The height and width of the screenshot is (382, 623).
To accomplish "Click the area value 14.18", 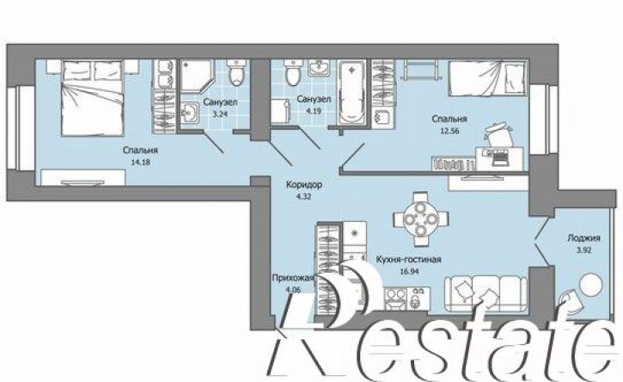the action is point(140,163).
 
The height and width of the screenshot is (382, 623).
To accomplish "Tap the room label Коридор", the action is point(304,185).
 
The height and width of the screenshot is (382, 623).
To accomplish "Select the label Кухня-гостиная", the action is point(408,260).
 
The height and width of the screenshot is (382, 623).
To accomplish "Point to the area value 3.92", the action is point(583,250).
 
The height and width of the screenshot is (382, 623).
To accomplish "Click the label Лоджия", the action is point(583,238).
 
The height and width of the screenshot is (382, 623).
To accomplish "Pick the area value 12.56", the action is point(449,130).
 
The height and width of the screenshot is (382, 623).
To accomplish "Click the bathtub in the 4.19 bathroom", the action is point(351,91).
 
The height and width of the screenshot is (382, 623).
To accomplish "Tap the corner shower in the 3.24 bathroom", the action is point(197,77).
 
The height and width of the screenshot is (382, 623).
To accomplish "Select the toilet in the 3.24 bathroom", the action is point(237,72).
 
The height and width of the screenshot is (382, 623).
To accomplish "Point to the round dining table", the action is point(420,219).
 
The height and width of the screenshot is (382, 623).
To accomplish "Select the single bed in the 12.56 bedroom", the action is point(488,78).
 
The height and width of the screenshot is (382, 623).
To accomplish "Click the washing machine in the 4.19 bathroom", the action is point(281,112).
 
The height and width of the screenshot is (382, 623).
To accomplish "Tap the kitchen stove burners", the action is point(395,298).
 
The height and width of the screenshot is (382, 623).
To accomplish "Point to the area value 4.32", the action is point(303,196).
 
